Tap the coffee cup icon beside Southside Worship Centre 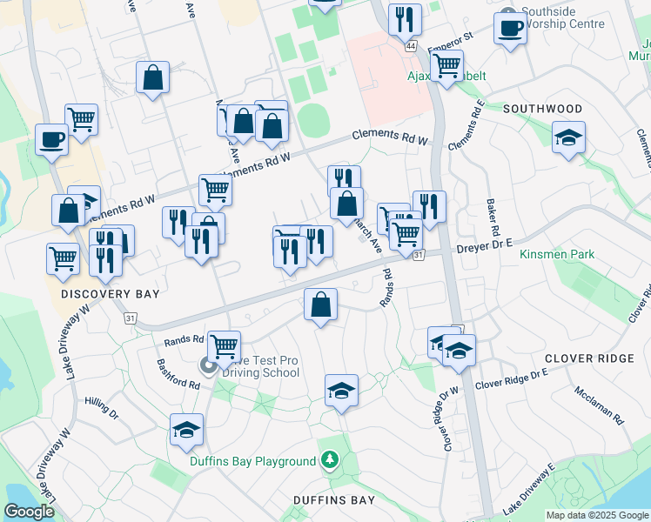(x=510, y=26)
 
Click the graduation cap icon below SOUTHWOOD (x=568, y=137)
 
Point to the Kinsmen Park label (x=556, y=254)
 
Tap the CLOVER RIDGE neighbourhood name (x=588, y=358)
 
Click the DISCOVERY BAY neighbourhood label (x=111, y=294)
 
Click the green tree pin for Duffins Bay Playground (x=330, y=460)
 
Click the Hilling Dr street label (x=101, y=406)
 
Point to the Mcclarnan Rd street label (x=600, y=405)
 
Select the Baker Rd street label (x=493, y=217)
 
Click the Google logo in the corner (x=29, y=512)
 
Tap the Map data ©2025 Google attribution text (x=597, y=515)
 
